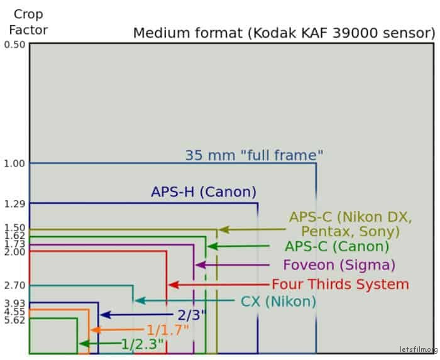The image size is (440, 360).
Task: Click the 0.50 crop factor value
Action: (x=14, y=45)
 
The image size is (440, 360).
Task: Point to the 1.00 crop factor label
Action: (x=14, y=163)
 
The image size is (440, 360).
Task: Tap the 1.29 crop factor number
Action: (x=14, y=204)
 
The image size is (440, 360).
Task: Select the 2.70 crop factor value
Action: (x=14, y=285)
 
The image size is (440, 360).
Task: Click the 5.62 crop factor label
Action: (x=14, y=320)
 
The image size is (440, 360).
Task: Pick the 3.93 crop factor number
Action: (x=14, y=303)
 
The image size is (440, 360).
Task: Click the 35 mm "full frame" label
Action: (x=254, y=155)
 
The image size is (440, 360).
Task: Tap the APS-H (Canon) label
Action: (x=204, y=192)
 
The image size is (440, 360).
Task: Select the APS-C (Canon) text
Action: (x=337, y=247)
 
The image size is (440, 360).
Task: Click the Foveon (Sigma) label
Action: (x=339, y=265)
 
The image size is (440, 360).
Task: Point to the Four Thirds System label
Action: (x=341, y=285)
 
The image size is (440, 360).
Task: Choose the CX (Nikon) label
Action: (x=278, y=302)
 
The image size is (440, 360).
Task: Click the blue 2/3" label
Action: (x=192, y=315)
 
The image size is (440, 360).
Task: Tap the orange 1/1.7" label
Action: (x=168, y=330)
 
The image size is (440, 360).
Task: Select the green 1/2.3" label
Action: (x=142, y=344)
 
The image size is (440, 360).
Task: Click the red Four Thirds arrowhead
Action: (x=173, y=285)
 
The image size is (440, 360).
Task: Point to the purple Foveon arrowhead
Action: (x=201, y=265)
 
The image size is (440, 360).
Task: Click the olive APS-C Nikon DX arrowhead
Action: (x=224, y=229)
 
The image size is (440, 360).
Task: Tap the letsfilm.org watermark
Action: (x=419, y=349)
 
